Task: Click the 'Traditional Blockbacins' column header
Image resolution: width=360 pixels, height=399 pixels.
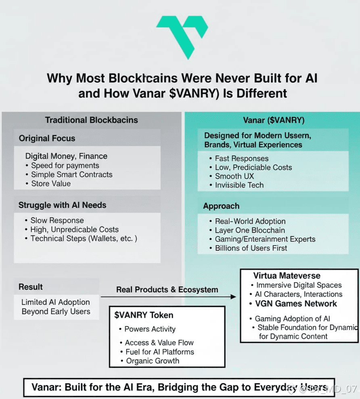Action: tap(91, 120)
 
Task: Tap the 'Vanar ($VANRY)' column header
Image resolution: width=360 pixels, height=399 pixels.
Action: tap(274, 120)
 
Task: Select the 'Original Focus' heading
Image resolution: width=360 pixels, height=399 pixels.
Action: tap(47, 139)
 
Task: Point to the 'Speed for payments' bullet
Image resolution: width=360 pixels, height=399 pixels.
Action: tap(65, 166)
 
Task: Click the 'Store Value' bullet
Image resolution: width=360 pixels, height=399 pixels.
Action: tap(51, 183)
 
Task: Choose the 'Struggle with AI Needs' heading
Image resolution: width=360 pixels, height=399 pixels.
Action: tap(62, 205)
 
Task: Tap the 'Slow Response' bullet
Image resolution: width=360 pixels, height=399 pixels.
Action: tap(57, 220)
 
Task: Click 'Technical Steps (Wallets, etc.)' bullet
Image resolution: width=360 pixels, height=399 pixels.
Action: tap(84, 238)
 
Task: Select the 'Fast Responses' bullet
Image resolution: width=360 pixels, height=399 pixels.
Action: tap(241, 158)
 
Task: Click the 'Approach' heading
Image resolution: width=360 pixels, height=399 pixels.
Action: tap(221, 206)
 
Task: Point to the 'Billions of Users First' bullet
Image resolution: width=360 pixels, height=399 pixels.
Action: tap(251, 248)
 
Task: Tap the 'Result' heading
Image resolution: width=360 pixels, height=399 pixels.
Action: tap(31, 287)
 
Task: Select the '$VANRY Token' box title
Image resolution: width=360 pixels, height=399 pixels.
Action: tap(144, 315)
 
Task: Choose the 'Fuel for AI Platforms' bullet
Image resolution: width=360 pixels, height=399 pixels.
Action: tap(159, 352)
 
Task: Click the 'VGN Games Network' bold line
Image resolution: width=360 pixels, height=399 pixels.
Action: tap(296, 304)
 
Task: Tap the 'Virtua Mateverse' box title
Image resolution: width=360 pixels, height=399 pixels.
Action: tap(287, 276)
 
